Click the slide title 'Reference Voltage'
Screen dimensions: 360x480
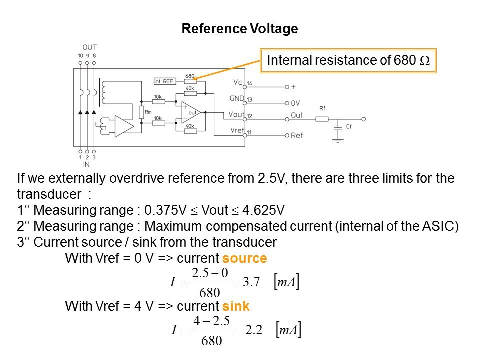click(240, 29)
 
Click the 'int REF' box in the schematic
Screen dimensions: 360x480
click(163, 81)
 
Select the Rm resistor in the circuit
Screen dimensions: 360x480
click(141, 111)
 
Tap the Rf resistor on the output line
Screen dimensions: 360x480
click(322, 119)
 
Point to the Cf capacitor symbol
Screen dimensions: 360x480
click(339, 128)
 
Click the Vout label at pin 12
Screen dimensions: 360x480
click(237, 114)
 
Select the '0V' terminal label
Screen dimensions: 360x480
click(295, 103)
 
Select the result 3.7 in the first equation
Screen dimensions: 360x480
click(251, 282)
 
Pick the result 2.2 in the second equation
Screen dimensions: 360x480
click(252, 330)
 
